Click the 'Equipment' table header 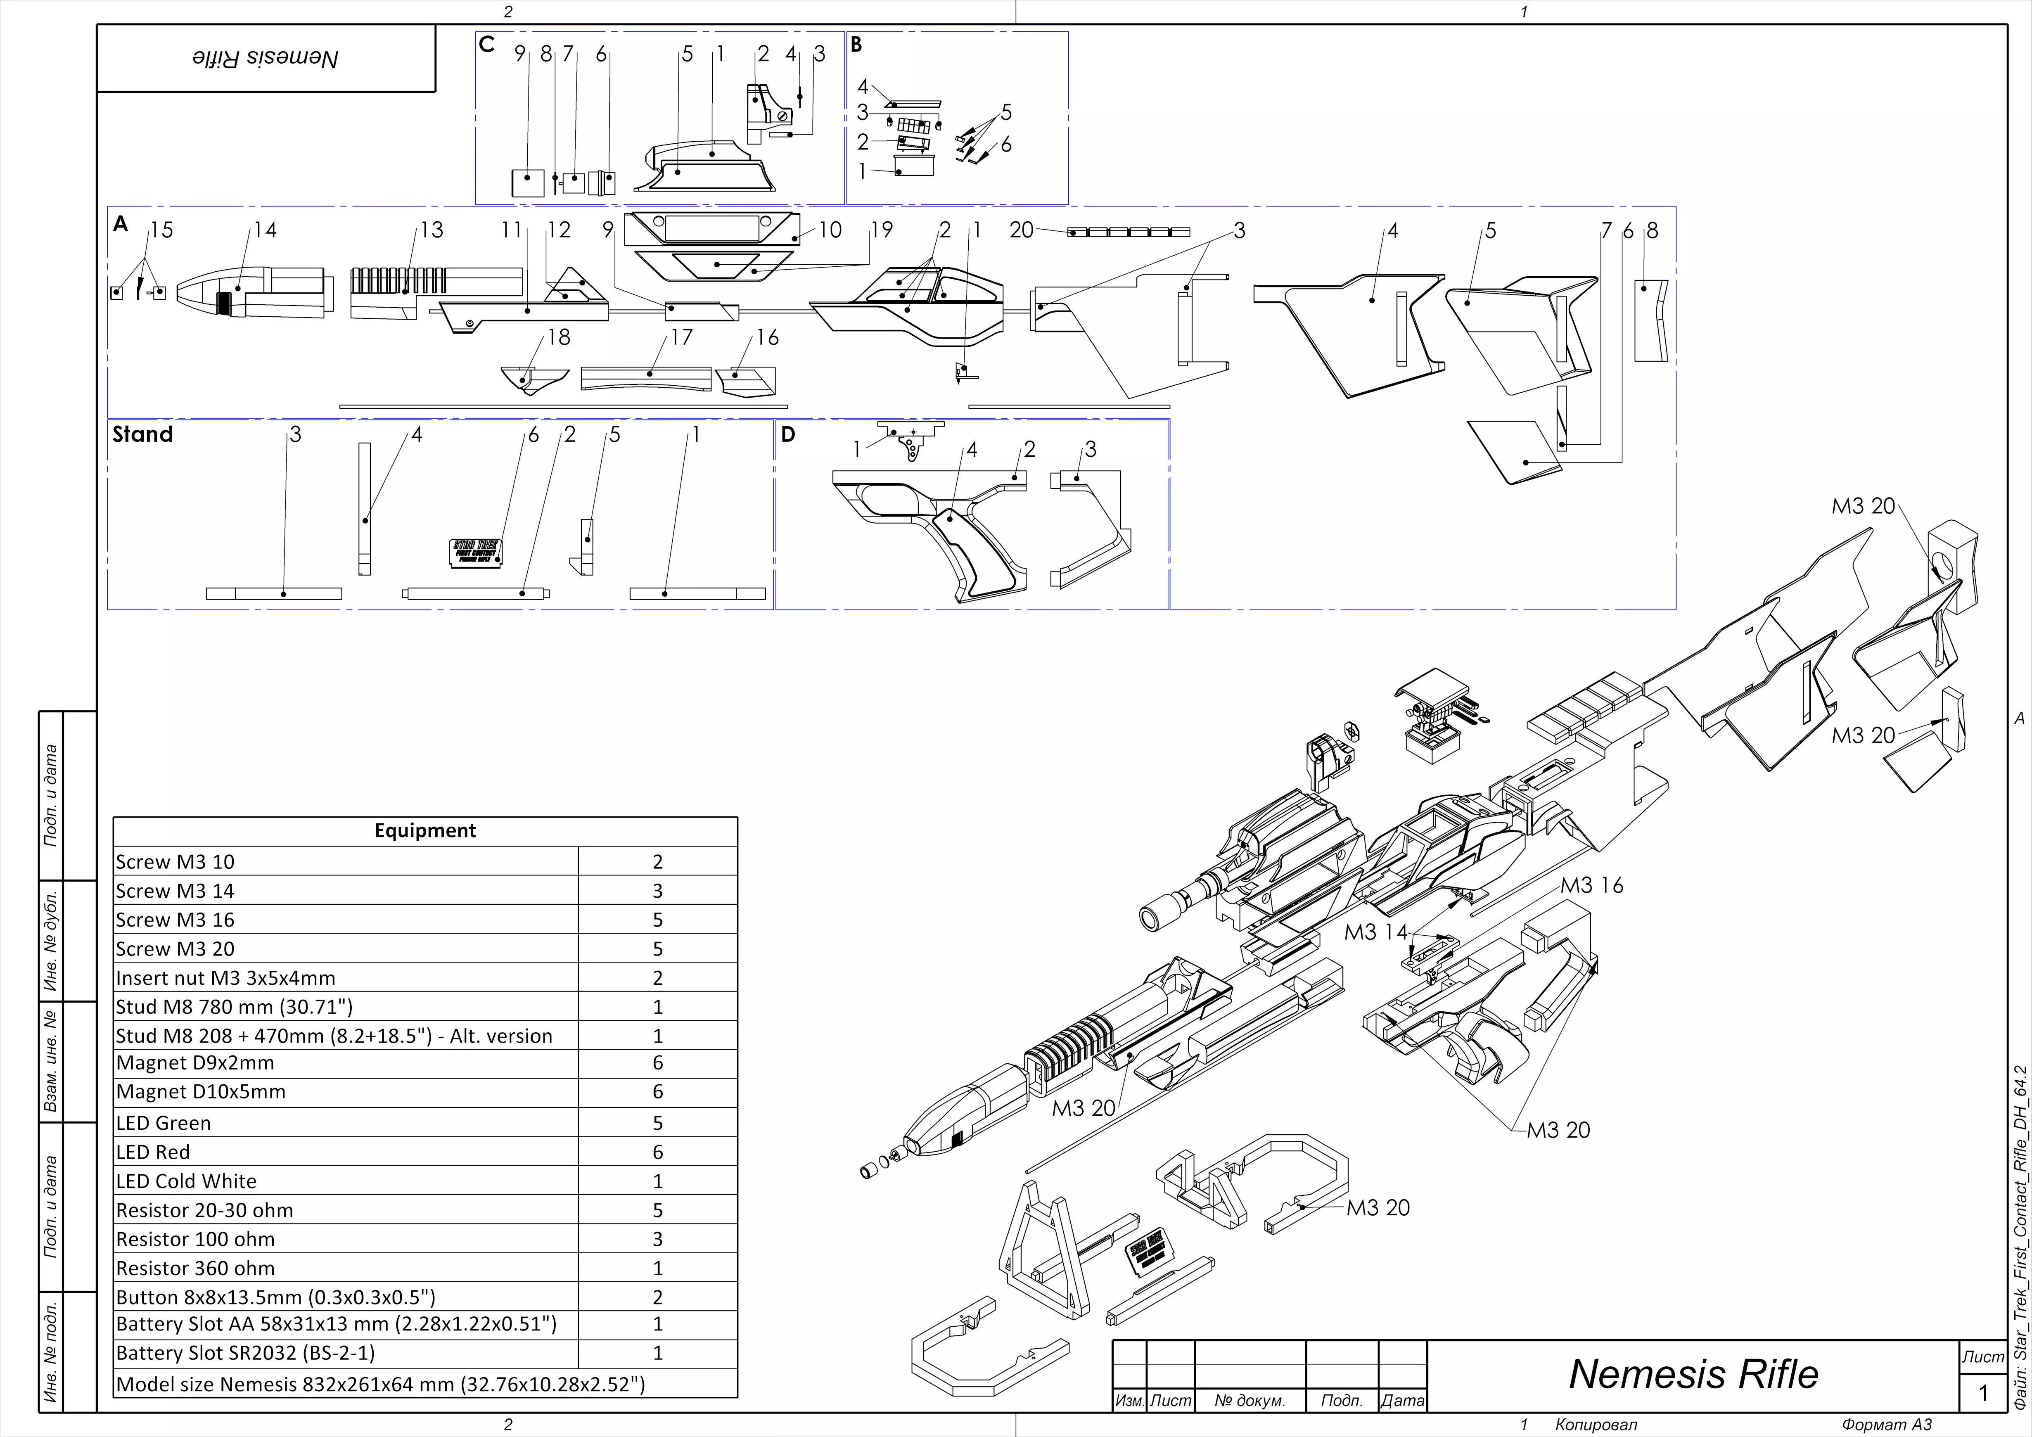(x=425, y=830)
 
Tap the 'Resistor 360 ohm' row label (x=196, y=1268)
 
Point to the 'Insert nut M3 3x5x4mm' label (x=226, y=978)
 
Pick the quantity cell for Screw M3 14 (x=657, y=891)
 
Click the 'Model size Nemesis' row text (x=381, y=1384)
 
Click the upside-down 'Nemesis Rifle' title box (x=266, y=58)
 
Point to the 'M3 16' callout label (x=1591, y=885)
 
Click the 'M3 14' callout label (x=1375, y=932)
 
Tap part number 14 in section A (x=265, y=230)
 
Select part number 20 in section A (x=1021, y=230)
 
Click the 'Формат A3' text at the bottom (x=1887, y=1425)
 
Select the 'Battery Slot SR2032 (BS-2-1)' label (x=245, y=1353)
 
